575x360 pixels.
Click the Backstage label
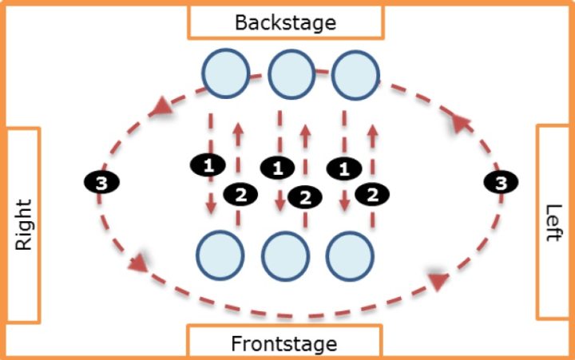[285, 22]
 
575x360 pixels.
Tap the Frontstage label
[284, 344]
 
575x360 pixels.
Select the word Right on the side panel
[23, 225]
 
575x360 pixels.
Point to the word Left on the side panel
[553, 223]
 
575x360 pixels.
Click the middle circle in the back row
[291, 74]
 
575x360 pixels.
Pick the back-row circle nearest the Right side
[226, 73]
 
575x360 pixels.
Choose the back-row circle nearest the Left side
[355, 75]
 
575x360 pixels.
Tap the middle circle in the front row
[285, 256]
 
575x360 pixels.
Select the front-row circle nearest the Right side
[220, 255]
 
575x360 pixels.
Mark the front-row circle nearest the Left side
[350, 256]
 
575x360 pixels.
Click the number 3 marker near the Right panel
[102, 182]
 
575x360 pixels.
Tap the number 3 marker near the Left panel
[501, 182]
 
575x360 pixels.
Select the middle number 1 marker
[277, 168]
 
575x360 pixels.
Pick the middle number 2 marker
[305, 198]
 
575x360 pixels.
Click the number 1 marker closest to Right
[208, 165]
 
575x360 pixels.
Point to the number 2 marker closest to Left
[372, 194]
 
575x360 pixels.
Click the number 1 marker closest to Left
[344, 168]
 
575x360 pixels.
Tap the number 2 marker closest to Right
[240, 194]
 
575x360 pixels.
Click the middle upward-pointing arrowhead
[305, 131]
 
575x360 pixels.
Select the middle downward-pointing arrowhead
[280, 206]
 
